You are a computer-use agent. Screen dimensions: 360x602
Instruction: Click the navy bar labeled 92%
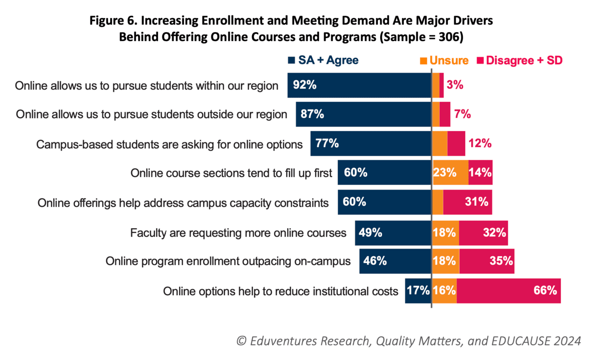click(359, 85)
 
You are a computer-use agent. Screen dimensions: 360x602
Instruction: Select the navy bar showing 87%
click(363, 114)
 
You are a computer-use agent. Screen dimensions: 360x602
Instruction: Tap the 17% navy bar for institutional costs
click(417, 291)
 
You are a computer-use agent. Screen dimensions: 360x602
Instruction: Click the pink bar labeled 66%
click(508, 291)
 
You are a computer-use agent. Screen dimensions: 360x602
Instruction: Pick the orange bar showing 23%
click(450, 173)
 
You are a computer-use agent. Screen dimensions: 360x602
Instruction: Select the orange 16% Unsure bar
click(444, 291)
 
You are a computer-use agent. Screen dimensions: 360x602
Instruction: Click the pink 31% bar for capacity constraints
click(467, 202)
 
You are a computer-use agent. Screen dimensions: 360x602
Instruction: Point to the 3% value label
click(455, 85)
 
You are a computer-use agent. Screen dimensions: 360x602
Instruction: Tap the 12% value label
click(480, 143)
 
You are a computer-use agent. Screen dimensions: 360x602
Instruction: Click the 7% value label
click(462, 114)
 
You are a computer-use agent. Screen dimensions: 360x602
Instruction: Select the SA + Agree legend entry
click(323, 61)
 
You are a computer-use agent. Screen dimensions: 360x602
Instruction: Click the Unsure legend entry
click(445, 61)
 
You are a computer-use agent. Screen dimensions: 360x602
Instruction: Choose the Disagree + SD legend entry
click(519, 61)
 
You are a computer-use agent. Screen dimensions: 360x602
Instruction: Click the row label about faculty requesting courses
click(238, 232)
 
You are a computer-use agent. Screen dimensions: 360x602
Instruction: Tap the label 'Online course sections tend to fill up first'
click(231, 173)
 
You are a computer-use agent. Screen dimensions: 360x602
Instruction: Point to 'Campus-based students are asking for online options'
click(170, 144)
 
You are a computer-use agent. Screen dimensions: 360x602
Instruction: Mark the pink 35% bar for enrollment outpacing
click(486, 261)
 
